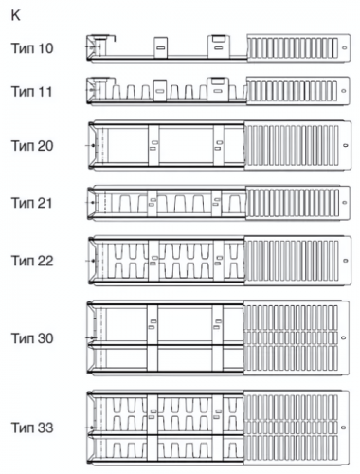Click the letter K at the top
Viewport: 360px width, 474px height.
15,15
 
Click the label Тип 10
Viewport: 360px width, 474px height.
32,48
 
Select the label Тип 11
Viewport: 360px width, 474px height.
32,92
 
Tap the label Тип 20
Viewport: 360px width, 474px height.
32,146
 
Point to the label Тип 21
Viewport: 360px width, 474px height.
32,203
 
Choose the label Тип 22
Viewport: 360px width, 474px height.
32,261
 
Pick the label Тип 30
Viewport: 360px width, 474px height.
32,338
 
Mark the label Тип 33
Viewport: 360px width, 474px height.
32,428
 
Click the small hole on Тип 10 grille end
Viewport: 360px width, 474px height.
344,47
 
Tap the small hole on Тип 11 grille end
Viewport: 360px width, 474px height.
344,91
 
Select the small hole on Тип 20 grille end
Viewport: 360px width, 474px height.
346,146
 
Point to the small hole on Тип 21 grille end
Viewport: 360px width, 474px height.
344,203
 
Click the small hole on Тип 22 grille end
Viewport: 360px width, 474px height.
346,261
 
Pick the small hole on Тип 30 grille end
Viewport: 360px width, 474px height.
344,337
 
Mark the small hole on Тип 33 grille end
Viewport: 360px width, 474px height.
344,428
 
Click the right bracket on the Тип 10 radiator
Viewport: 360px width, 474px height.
219,46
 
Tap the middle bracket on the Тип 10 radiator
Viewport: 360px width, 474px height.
161,47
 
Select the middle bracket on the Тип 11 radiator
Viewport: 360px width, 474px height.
160,90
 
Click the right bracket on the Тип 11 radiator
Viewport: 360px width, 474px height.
218,89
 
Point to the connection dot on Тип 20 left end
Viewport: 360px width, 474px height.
93,146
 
